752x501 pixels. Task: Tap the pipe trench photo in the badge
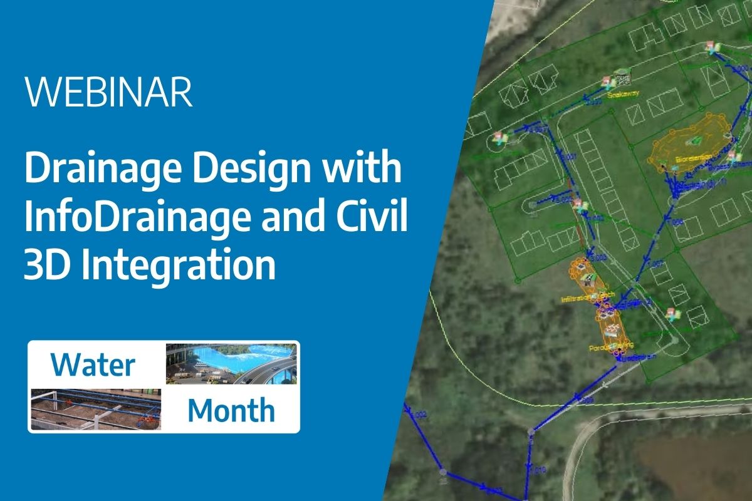95,410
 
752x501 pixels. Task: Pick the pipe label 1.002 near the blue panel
420,414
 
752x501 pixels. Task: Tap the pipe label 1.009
586,398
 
